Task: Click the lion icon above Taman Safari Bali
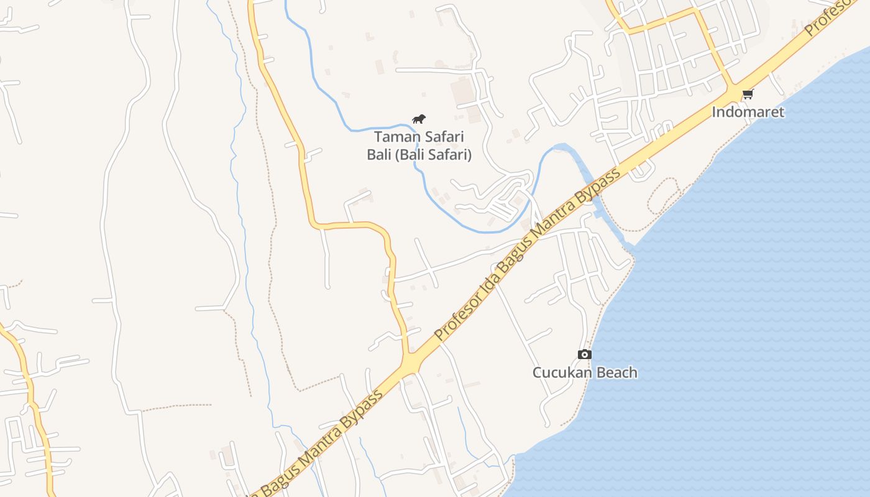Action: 419,119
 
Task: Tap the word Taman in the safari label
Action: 395,137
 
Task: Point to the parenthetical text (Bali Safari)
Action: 433,155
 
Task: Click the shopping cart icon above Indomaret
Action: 748,94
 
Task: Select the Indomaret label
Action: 748,112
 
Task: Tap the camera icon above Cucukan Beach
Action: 584,354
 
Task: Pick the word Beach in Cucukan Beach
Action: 616,373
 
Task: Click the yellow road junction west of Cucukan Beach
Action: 410,360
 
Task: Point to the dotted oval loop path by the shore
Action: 662,196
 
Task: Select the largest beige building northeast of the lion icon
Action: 462,92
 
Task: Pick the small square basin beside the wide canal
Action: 598,214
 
